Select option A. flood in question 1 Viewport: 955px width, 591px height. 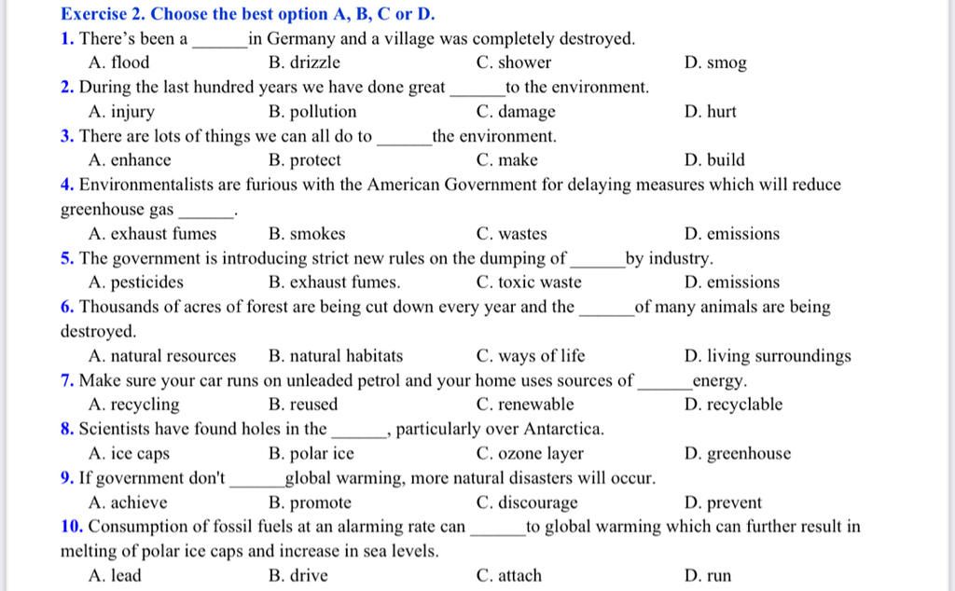pos(118,63)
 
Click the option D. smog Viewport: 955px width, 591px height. pos(715,63)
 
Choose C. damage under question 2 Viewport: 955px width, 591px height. pos(515,112)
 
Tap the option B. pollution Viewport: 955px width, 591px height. pos(311,112)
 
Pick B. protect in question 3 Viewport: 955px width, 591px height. pos(304,160)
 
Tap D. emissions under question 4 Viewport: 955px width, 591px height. pos(731,234)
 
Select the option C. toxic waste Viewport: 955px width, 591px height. pos(528,282)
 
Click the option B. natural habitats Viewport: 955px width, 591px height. pos(335,356)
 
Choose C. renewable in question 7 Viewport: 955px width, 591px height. pos(524,405)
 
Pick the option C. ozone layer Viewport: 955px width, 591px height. pos(529,454)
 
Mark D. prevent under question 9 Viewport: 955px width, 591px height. pos(723,503)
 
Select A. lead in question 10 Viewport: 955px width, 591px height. pos(115,575)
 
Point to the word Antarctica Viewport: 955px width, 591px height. pos(563,430)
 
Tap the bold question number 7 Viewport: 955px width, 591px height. pos(67,380)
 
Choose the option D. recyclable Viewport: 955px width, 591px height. pos(733,405)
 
